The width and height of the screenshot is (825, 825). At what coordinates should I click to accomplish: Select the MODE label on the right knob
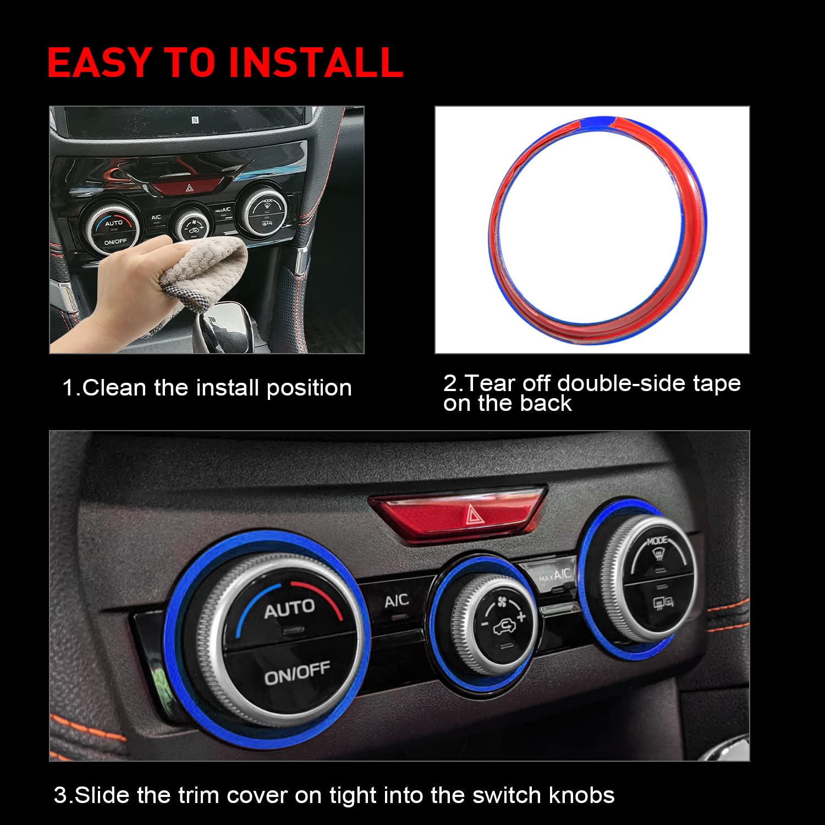tap(657, 541)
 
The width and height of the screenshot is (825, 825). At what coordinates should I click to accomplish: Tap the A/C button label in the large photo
tap(396, 601)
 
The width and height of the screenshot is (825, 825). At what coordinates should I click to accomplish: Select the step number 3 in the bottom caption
tap(60, 796)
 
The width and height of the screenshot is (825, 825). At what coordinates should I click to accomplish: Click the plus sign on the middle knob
tap(520, 615)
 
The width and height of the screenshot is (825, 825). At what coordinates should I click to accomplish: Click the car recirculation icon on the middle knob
tap(503, 626)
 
